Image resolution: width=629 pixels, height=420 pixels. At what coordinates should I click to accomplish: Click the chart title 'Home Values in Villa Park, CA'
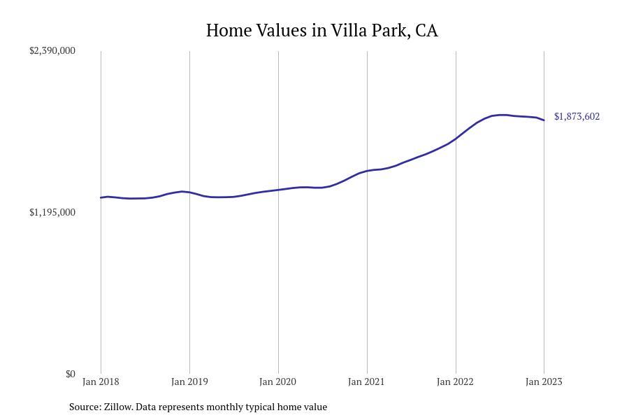(321, 31)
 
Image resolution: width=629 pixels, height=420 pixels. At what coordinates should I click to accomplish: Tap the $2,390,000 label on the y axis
(52, 50)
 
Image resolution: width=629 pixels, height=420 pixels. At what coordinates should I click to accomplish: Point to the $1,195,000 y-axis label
(52, 212)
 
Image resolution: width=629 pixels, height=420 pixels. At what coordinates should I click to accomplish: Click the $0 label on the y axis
(70, 374)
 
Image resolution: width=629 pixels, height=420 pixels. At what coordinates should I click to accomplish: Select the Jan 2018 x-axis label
(101, 381)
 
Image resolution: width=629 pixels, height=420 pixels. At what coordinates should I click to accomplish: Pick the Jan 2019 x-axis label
(189, 381)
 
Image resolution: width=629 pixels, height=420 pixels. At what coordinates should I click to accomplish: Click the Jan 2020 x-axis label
(278, 381)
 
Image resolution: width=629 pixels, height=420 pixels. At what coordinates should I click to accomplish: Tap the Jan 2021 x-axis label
(367, 381)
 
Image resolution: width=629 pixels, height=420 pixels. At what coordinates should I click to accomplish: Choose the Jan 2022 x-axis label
(455, 381)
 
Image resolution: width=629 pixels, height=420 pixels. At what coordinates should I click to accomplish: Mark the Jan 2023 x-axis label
(544, 381)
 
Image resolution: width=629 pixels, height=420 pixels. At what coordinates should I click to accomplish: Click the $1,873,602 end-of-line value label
(577, 116)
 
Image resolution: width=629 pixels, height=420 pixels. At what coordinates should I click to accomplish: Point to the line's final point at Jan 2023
(544, 120)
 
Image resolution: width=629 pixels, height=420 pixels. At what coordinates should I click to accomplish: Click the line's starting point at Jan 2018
(101, 197)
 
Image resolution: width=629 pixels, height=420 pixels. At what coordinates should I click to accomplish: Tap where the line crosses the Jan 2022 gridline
(456, 139)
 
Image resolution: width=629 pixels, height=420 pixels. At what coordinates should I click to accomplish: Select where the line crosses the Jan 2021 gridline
(367, 171)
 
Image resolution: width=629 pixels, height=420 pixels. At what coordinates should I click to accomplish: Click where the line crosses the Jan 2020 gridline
(278, 190)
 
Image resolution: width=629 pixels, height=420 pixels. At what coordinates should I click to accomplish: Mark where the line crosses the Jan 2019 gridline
(189, 192)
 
